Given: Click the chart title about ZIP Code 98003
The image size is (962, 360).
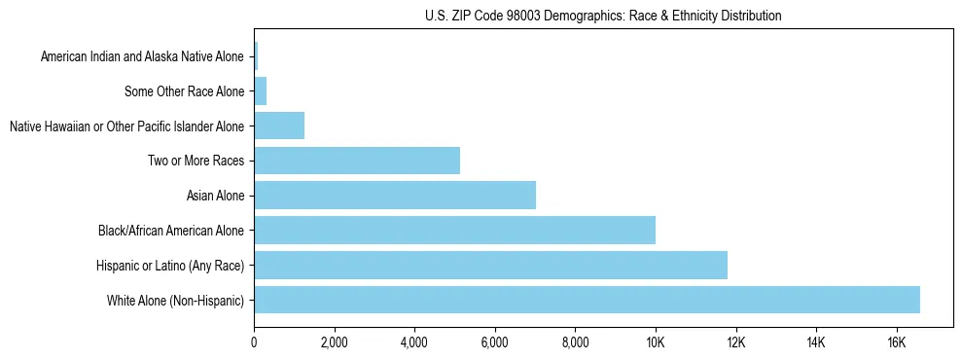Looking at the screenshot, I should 603,16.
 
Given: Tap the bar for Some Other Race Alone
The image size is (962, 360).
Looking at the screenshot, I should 261,91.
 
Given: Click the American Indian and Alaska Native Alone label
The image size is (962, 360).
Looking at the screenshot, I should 142,56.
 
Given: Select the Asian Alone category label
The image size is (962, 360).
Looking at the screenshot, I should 215,196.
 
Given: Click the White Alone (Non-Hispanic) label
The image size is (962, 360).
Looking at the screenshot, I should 175,301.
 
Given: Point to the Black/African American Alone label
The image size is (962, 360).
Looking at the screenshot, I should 171,231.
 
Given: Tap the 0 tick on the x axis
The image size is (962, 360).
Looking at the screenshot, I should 254,342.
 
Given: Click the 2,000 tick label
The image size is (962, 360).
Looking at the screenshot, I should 334,342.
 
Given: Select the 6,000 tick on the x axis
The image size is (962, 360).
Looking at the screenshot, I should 495,342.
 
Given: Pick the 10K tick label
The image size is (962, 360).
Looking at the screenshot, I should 656,342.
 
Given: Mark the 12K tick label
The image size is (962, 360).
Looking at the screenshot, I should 736,342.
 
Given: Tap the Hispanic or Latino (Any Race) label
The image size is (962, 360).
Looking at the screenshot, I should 170,266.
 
